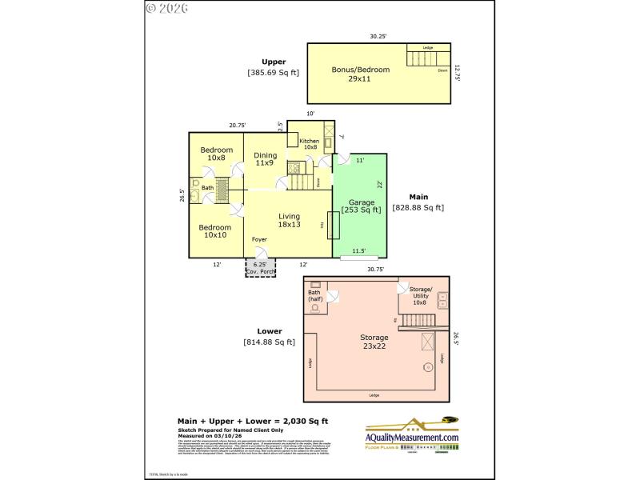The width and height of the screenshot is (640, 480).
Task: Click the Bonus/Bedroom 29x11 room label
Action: (x=360, y=74)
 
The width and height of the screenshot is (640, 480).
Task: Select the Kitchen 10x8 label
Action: (x=309, y=145)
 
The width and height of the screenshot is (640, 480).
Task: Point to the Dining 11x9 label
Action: (x=265, y=159)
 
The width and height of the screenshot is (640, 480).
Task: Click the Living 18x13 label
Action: (x=289, y=221)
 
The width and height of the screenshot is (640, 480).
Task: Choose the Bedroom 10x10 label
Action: (x=216, y=231)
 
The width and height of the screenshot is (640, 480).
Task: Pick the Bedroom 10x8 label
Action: (x=216, y=154)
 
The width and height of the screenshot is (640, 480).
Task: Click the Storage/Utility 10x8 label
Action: (x=420, y=295)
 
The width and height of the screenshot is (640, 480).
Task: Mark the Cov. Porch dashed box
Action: (x=259, y=268)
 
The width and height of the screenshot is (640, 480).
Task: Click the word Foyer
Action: (x=259, y=240)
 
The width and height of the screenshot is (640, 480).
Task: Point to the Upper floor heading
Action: (x=274, y=62)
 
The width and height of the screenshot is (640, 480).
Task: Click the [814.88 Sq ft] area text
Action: (x=269, y=342)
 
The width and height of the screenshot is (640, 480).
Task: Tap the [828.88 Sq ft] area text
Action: (x=418, y=207)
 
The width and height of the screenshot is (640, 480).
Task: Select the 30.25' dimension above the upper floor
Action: (x=378, y=36)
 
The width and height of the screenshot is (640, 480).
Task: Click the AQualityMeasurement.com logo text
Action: (x=412, y=438)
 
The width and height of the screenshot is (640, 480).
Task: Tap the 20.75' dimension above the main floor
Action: (x=237, y=125)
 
